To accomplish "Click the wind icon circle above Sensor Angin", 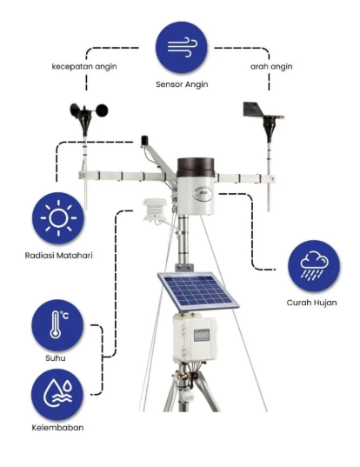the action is [x=181, y=47].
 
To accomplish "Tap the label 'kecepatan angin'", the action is [x=84, y=66].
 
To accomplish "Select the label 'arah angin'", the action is [x=271, y=66].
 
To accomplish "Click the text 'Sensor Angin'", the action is [x=182, y=84].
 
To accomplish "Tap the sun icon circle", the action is [x=58, y=218].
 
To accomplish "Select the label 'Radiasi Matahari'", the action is [x=58, y=256].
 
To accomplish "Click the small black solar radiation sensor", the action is [x=144, y=141].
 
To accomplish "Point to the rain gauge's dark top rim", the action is [x=196, y=167].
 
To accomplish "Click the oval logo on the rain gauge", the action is [x=203, y=195].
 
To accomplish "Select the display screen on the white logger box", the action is [x=202, y=336].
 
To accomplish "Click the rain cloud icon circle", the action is [x=314, y=265].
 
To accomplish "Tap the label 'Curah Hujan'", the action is [x=312, y=303].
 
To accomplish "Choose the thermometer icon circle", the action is [x=57, y=325].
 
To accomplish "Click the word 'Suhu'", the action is [x=56, y=357].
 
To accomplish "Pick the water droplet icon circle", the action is [x=57, y=395].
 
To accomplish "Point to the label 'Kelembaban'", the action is [x=57, y=428].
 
